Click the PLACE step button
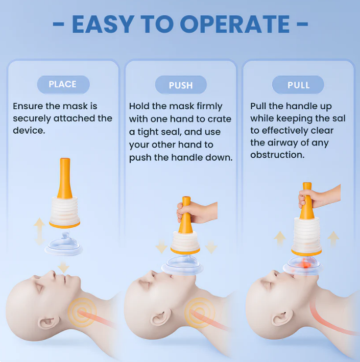click(x=62, y=84)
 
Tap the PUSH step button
click(x=181, y=85)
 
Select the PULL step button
click(x=298, y=85)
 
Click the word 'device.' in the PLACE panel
click(x=29, y=130)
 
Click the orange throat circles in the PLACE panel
click(x=79, y=309)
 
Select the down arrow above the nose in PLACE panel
click(x=64, y=267)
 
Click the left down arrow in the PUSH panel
click(x=161, y=248)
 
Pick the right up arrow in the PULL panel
click(x=333, y=238)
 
